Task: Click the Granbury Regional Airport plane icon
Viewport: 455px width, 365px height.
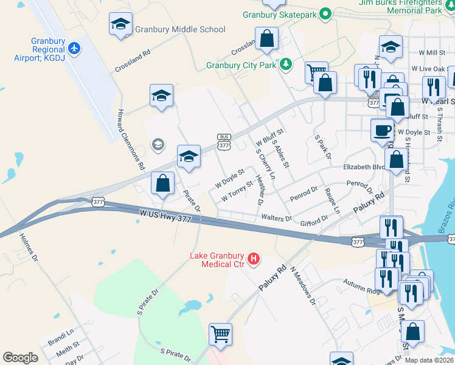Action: click(x=74, y=48)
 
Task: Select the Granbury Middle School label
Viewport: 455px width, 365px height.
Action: click(x=180, y=29)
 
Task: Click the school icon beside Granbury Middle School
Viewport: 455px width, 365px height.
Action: click(x=120, y=25)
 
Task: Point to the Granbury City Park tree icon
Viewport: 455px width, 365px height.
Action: click(x=285, y=64)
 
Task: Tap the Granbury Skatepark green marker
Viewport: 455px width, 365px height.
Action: click(x=325, y=13)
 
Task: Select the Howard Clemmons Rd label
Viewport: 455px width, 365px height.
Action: click(x=131, y=139)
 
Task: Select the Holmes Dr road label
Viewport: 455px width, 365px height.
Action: click(x=29, y=249)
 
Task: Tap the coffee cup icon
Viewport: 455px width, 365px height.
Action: click(x=382, y=130)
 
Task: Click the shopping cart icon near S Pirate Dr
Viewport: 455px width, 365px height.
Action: click(x=220, y=333)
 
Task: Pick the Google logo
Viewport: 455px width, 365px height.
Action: click(x=21, y=358)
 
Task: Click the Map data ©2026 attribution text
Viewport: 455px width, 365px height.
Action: click(x=429, y=360)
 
